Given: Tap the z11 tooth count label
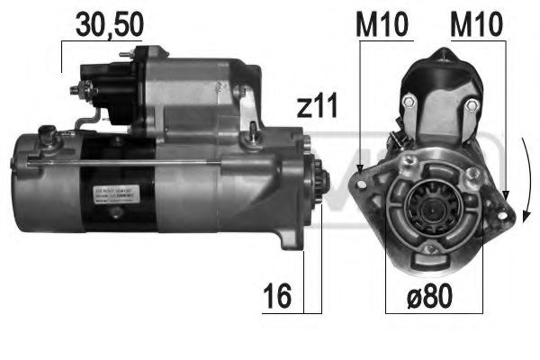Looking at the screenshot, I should point(316,107).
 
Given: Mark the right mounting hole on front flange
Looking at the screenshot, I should point(500,206).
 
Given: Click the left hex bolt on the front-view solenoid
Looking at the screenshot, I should point(408,106).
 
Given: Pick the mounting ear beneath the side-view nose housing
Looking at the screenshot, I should point(286,237).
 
